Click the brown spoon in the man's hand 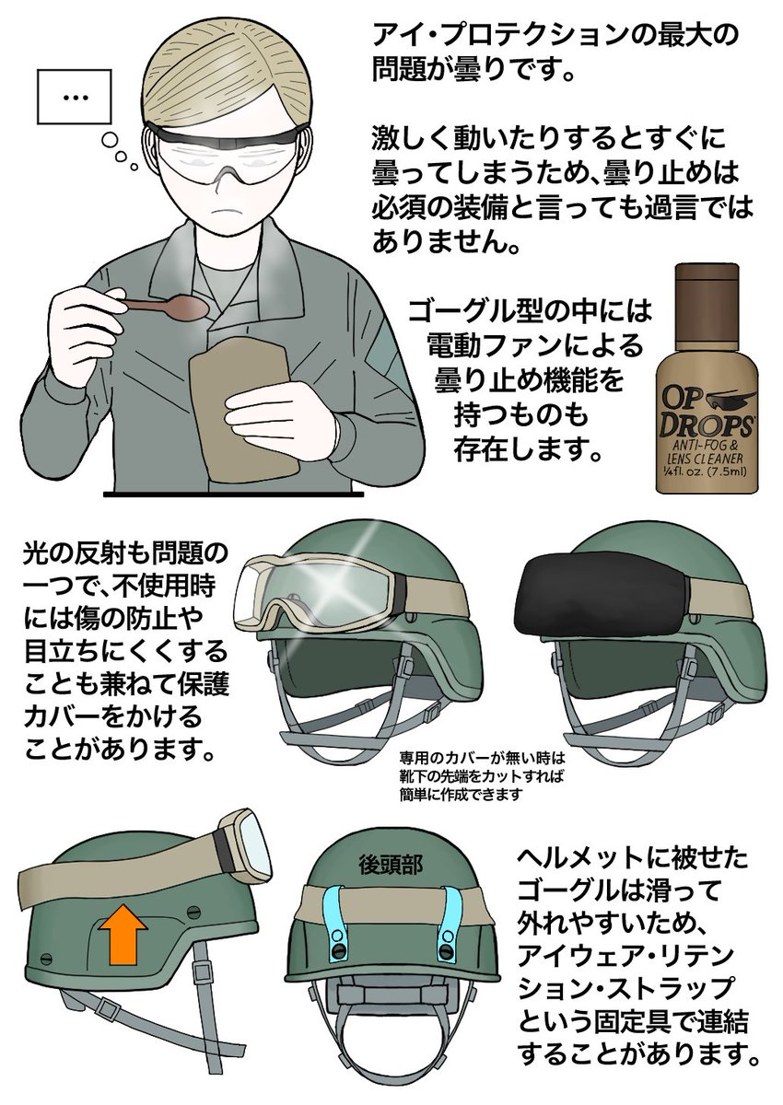[x=165, y=305]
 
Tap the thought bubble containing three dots [x=75, y=98]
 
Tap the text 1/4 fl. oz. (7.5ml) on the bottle [x=707, y=472]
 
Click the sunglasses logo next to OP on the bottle [x=726, y=400]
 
